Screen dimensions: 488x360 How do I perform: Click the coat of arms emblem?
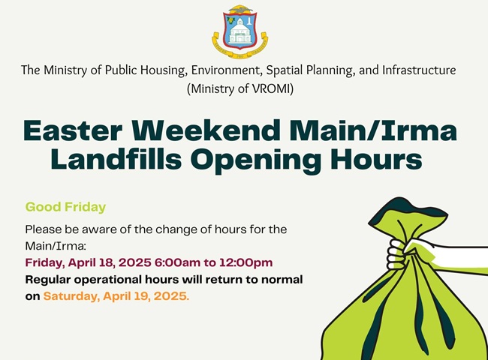pos(240,31)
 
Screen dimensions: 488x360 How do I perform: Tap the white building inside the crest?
pos(239,31)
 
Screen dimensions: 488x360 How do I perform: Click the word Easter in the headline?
pos(73,131)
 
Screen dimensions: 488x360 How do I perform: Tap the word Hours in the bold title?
pos(377,159)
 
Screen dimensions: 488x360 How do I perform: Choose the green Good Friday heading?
pos(65,207)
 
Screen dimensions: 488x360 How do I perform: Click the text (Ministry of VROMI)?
pos(240,89)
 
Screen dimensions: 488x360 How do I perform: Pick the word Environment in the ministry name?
pos(224,70)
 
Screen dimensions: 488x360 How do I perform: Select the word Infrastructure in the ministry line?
pos(419,70)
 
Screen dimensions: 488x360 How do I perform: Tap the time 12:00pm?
pos(246,262)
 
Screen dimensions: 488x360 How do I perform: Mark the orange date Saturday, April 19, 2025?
pos(116,296)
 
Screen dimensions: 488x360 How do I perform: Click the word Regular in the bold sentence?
pos(48,280)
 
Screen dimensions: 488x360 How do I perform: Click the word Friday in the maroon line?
pos(45,263)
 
